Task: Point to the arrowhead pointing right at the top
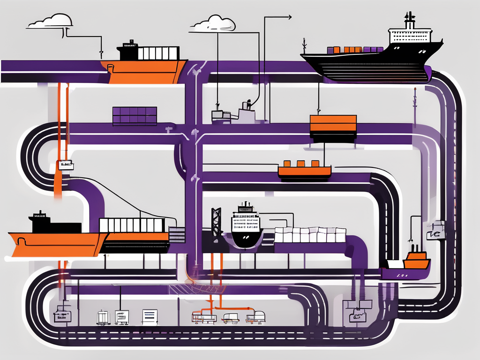pyautogui.click(x=289, y=17)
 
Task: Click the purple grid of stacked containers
pyautogui.click(x=135, y=116)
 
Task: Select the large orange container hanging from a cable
pyautogui.click(x=333, y=124)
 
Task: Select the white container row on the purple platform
pyautogui.click(x=310, y=235)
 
